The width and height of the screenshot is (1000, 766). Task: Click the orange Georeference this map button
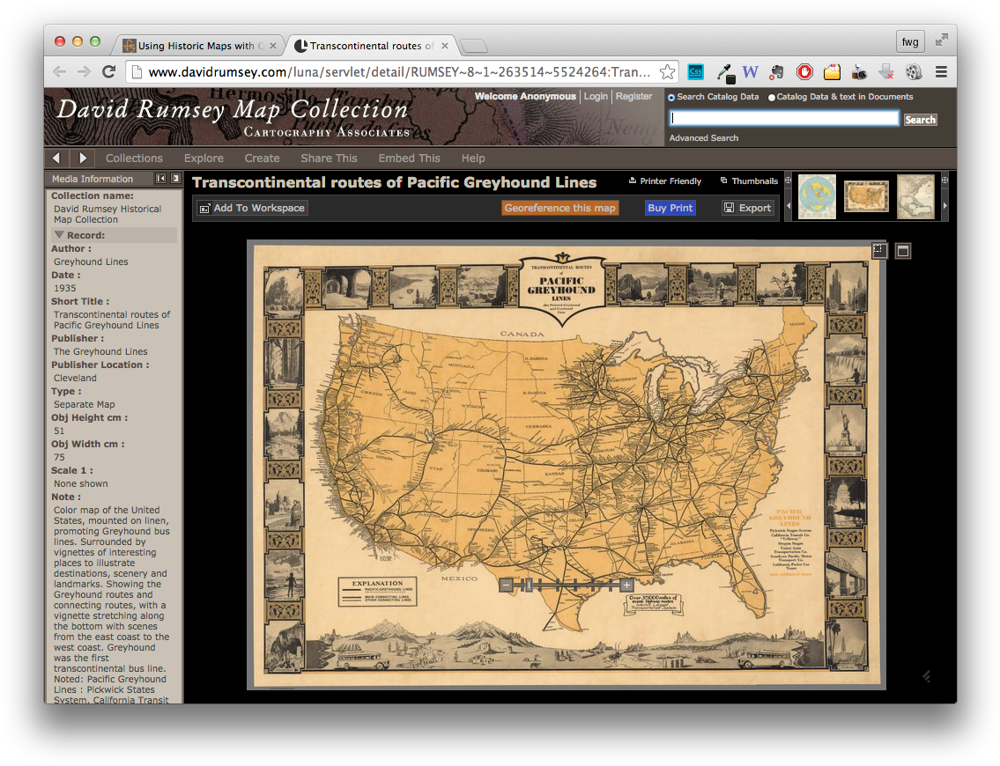click(x=560, y=208)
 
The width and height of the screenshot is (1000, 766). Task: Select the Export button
click(x=747, y=208)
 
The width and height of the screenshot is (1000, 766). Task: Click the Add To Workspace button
click(x=252, y=208)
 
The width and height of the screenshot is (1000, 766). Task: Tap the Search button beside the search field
click(x=920, y=120)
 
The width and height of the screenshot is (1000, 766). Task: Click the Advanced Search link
click(x=703, y=138)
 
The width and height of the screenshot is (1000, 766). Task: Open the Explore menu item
click(x=204, y=158)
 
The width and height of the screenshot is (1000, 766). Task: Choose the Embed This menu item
click(x=409, y=158)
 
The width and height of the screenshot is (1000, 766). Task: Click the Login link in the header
click(x=596, y=97)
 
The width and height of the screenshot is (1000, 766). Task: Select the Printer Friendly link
click(x=665, y=181)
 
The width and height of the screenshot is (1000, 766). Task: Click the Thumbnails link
click(x=749, y=181)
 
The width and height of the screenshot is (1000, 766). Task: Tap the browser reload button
click(x=108, y=72)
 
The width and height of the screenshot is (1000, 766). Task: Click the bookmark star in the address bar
click(x=668, y=72)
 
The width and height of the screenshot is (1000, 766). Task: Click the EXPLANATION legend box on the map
click(x=390, y=591)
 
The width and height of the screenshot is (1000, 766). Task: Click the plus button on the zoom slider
click(x=626, y=585)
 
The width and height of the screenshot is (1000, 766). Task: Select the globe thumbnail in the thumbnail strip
click(x=817, y=196)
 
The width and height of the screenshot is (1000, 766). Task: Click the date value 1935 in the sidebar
click(x=65, y=288)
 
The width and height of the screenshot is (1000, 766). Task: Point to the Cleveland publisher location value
click(x=75, y=378)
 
